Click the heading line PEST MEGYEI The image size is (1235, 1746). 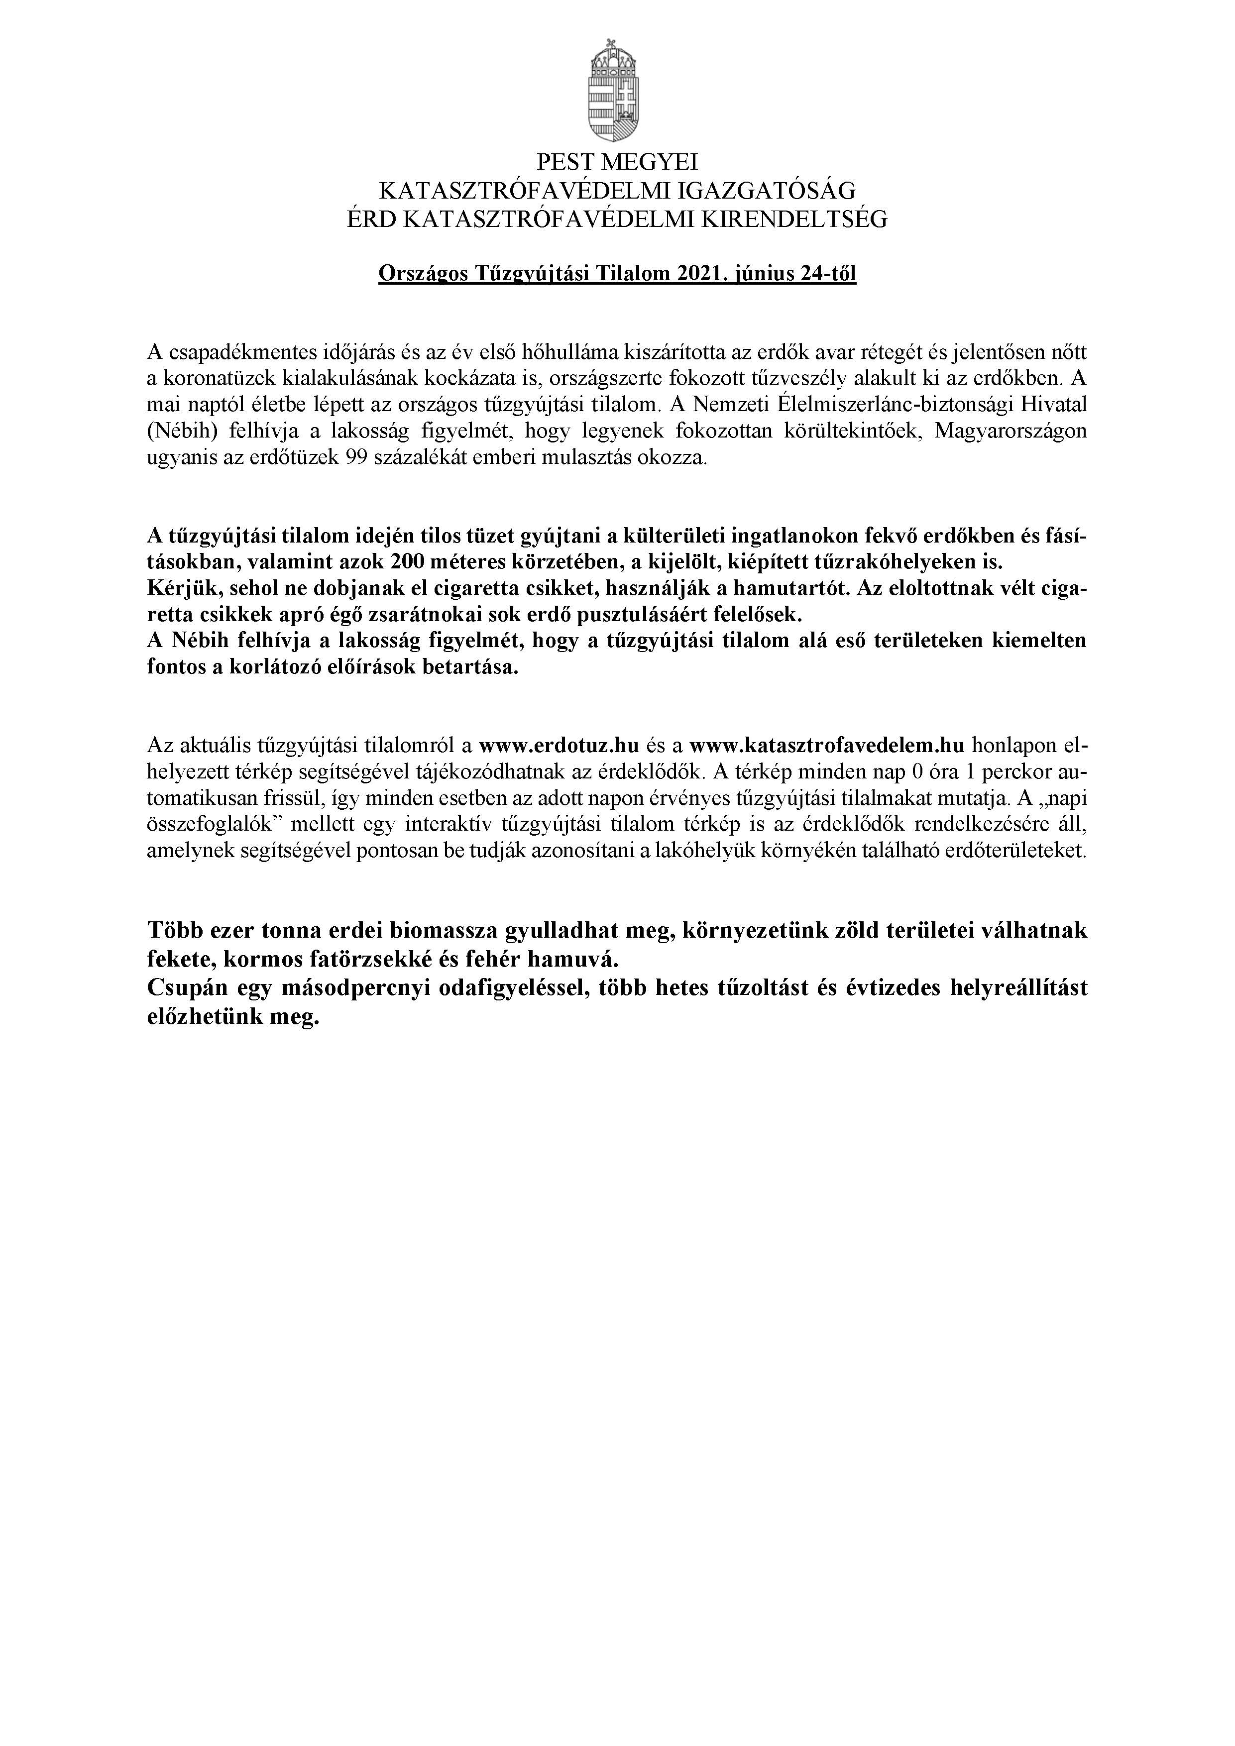click(x=617, y=162)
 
